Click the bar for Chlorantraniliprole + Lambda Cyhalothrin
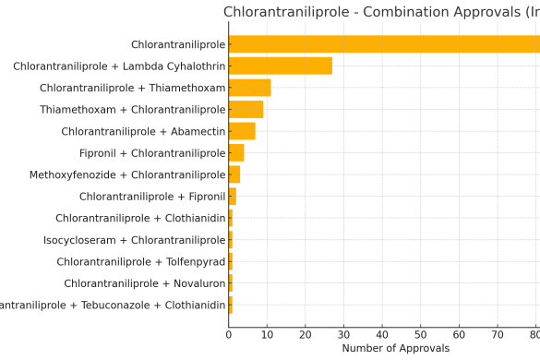pyautogui.click(x=280, y=66)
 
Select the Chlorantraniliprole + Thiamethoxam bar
pyautogui.click(x=249, y=88)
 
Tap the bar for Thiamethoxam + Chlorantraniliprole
pyautogui.click(x=246, y=110)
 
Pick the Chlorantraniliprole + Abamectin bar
pyautogui.click(x=242, y=131)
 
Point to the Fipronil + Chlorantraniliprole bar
pyautogui.click(x=236, y=153)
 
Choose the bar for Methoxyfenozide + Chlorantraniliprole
pyautogui.click(x=234, y=174)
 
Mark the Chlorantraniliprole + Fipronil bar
pyautogui.click(x=233, y=197)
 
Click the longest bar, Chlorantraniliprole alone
pyautogui.click(x=384, y=44)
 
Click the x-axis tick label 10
pyautogui.click(x=267, y=333)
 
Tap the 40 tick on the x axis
pyautogui.click(x=382, y=333)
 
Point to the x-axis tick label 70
pyautogui.click(x=498, y=333)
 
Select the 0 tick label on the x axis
pyautogui.click(x=229, y=333)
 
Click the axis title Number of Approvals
pyautogui.click(x=395, y=348)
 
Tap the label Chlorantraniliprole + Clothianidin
pyautogui.click(x=140, y=219)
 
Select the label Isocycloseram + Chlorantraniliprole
pyautogui.click(x=135, y=240)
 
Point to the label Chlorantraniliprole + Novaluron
pyautogui.click(x=145, y=283)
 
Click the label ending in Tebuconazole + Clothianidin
pyautogui.click(x=113, y=306)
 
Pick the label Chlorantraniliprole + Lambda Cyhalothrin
pyautogui.click(x=119, y=66)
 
